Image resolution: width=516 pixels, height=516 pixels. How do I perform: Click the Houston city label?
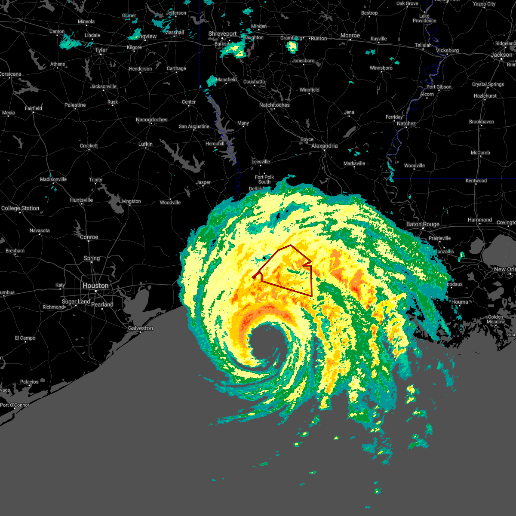pos(95,286)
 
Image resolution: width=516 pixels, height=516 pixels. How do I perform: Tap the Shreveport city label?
pos(222,34)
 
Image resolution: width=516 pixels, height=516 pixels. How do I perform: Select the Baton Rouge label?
pos(423,224)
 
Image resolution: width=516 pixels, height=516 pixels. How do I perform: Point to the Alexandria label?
pos(324,146)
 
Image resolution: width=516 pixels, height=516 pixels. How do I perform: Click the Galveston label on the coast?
pos(140,328)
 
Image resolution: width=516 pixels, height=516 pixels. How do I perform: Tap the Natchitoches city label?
pos(274,105)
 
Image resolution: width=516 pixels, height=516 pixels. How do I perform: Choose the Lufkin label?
pos(145,144)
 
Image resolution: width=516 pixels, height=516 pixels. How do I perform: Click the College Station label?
pos(20,208)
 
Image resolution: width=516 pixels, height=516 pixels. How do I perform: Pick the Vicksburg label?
pos(447,50)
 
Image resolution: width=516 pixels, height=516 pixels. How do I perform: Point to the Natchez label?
pos(406,123)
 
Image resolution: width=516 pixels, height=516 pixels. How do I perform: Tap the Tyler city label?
pos(101,50)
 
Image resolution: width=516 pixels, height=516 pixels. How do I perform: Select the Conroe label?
pos(89,237)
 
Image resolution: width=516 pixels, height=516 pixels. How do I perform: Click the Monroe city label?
pos(350,35)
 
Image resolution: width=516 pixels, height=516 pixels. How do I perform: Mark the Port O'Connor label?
pos(15,405)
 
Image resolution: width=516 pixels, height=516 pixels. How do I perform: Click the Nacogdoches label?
pos(151,120)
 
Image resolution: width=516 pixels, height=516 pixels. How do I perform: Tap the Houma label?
pos(459,302)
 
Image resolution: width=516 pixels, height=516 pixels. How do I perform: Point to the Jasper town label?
pos(203,182)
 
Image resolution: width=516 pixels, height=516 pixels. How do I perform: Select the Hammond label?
pos(479,220)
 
